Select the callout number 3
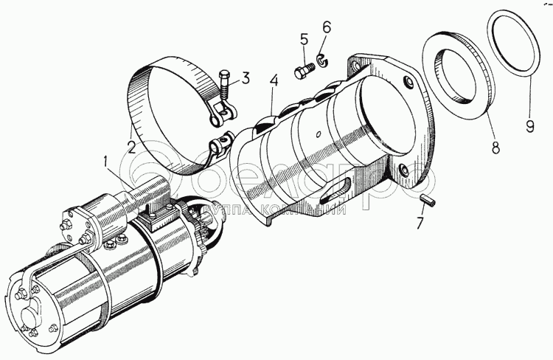click(246, 77)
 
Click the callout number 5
click(303, 40)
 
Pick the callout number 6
click(327, 28)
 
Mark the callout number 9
click(529, 125)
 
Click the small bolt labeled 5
click(303, 72)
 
